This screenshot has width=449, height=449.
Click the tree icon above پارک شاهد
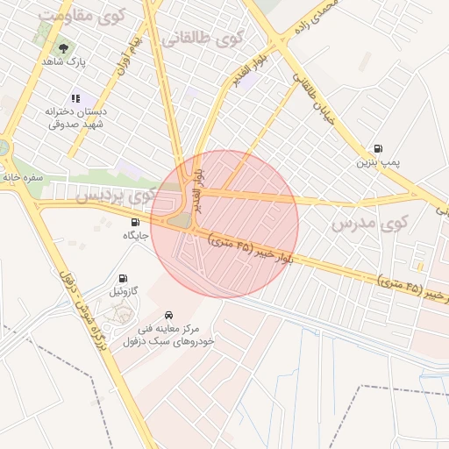62,46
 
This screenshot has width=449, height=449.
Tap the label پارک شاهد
62,62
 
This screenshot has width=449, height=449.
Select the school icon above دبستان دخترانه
77,97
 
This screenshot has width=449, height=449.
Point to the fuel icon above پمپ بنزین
378,147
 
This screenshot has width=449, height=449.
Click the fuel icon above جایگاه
135,222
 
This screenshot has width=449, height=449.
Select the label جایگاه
135,236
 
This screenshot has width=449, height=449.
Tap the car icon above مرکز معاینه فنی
168,313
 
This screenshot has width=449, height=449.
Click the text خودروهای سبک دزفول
168,340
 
